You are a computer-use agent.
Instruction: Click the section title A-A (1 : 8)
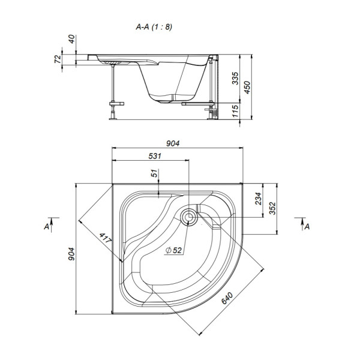pos(154,27)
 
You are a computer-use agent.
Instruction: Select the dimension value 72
pos(58,61)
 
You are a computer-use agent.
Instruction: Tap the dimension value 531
pos(154,156)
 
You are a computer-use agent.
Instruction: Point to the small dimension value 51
pos(154,174)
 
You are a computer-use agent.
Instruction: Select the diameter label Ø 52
pos(174,250)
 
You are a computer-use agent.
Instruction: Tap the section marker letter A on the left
pos(46,226)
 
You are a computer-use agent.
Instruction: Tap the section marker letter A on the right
pos(307,226)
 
